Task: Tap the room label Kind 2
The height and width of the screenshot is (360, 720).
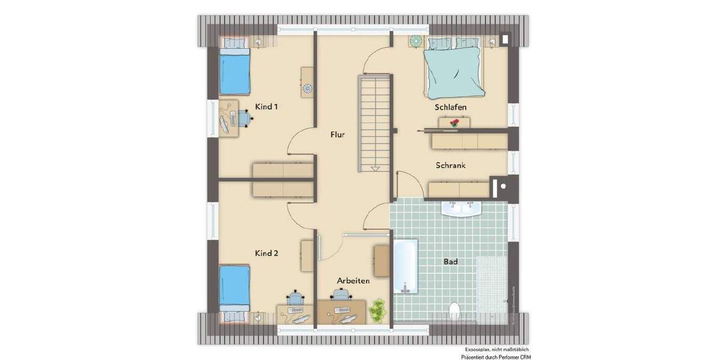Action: click(x=267, y=253)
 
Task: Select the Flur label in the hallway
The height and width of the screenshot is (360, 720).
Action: click(x=337, y=135)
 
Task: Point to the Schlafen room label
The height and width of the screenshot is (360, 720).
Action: click(x=451, y=107)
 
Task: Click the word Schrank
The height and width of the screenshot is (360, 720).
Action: click(x=451, y=165)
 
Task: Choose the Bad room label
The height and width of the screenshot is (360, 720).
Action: click(x=451, y=262)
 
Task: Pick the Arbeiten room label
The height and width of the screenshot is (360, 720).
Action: click(x=353, y=280)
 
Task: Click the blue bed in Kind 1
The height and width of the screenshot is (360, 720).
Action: click(x=234, y=70)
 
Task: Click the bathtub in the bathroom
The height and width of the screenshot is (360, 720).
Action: click(x=406, y=267)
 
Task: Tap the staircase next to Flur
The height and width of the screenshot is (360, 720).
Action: click(x=375, y=123)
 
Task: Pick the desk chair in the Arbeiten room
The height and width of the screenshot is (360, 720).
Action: click(x=341, y=295)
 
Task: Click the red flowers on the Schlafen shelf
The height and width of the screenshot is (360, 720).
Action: click(x=454, y=122)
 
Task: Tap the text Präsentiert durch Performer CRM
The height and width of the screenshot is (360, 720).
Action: click(x=495, y=356)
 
